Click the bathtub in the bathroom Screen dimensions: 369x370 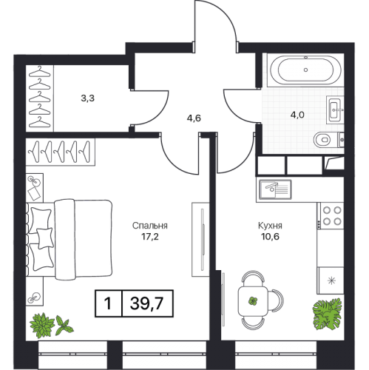[305, 70]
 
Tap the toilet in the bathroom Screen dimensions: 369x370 [328, 140]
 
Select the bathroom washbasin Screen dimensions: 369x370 [335, 110]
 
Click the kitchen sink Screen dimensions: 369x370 [275, 189]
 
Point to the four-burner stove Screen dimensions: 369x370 [331, 216]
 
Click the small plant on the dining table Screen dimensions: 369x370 [253, 301]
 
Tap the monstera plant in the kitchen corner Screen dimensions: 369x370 [327, 314]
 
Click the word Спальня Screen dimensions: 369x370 [150, 226]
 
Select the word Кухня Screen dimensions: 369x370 [270, 226]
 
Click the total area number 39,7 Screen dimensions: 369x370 [147, 303]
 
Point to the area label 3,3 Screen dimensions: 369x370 [87, 98]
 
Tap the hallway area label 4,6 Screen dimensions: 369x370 [194, 118]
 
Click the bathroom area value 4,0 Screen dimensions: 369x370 [297, 115]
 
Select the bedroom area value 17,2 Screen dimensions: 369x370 [150, 237]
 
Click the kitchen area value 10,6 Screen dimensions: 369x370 [270, 237]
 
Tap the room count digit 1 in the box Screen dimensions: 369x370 [108, 303]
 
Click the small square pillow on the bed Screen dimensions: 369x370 [45, 238]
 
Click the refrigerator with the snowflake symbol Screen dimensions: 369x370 [331, 280]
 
